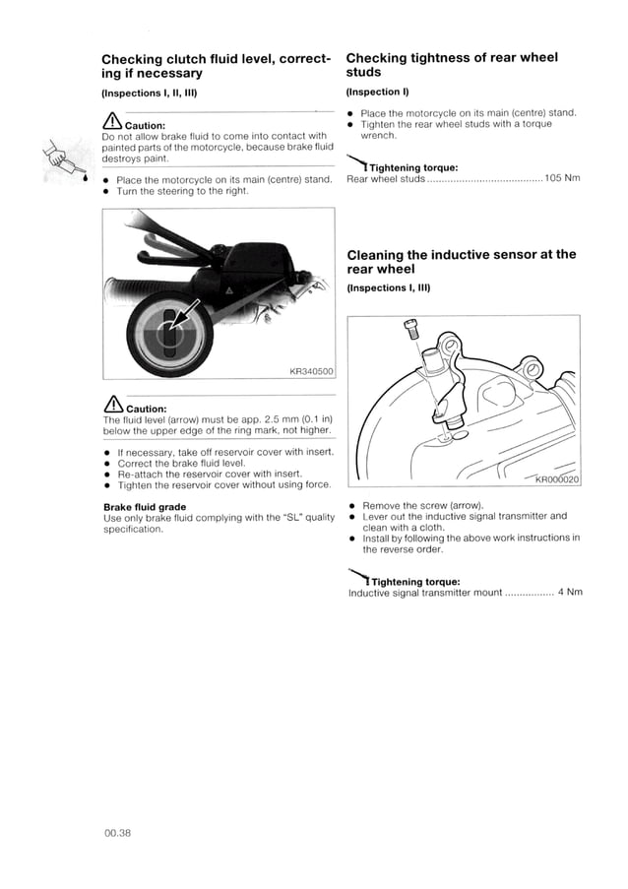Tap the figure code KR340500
pyautogui.click(x=313, y=371)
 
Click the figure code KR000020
pyautogui.click(x=556, y=479)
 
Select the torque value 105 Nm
pyautogui.click(x=562, y=178)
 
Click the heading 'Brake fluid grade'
pyautogui.click(x=145, y=507)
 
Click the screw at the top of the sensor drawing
pyautogui.click(x=411, y=330)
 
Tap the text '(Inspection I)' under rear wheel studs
pyautogui.click(x=377, y=92)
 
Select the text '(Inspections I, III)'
pyautogui.click(x=389, y=287)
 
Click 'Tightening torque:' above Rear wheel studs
pyautogui.click(x=413, y=166)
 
